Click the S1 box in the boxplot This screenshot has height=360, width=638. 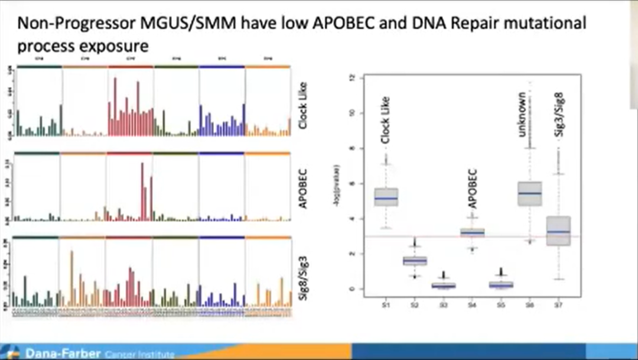coord(386,197)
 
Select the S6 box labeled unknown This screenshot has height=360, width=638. coord(530,193)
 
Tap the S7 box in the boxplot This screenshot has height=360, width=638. coord(558,231)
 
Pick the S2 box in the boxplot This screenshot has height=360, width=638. coord(415,261)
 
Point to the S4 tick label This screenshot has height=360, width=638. coord(473,304)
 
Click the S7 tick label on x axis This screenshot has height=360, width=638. coord(558,304)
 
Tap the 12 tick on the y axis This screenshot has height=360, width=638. coord(352,78)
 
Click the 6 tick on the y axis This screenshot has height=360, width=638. coord(352,184)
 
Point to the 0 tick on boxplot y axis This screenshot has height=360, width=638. coord(352,289)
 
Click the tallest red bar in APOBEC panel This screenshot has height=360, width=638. coord(142,190)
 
